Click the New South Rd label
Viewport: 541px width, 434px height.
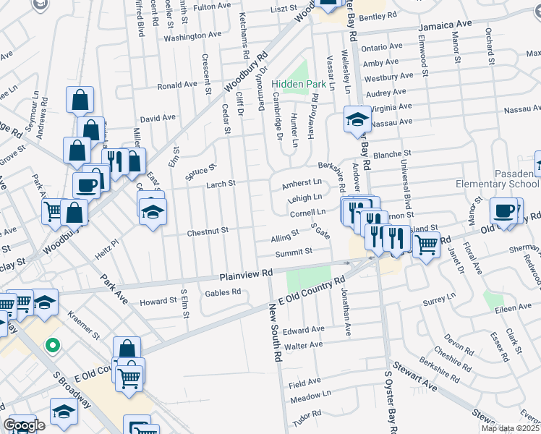coord(275,333)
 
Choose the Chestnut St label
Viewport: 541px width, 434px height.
coord(208,230)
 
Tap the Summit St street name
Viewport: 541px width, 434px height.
coord(293,252)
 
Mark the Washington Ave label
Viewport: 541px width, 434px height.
coord(192,35)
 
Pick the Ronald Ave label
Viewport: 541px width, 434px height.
coord(177,85)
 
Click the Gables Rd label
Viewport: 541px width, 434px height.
coord(223,292)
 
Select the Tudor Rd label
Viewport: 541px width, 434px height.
coord(307,417)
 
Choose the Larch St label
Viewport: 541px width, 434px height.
coord(221,184)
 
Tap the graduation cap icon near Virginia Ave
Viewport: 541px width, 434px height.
coord(357,119)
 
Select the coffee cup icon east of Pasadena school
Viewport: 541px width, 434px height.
coord(503,210)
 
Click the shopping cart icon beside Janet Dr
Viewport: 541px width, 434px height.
coord(426,246)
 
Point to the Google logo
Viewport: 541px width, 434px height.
coord(24,425)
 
